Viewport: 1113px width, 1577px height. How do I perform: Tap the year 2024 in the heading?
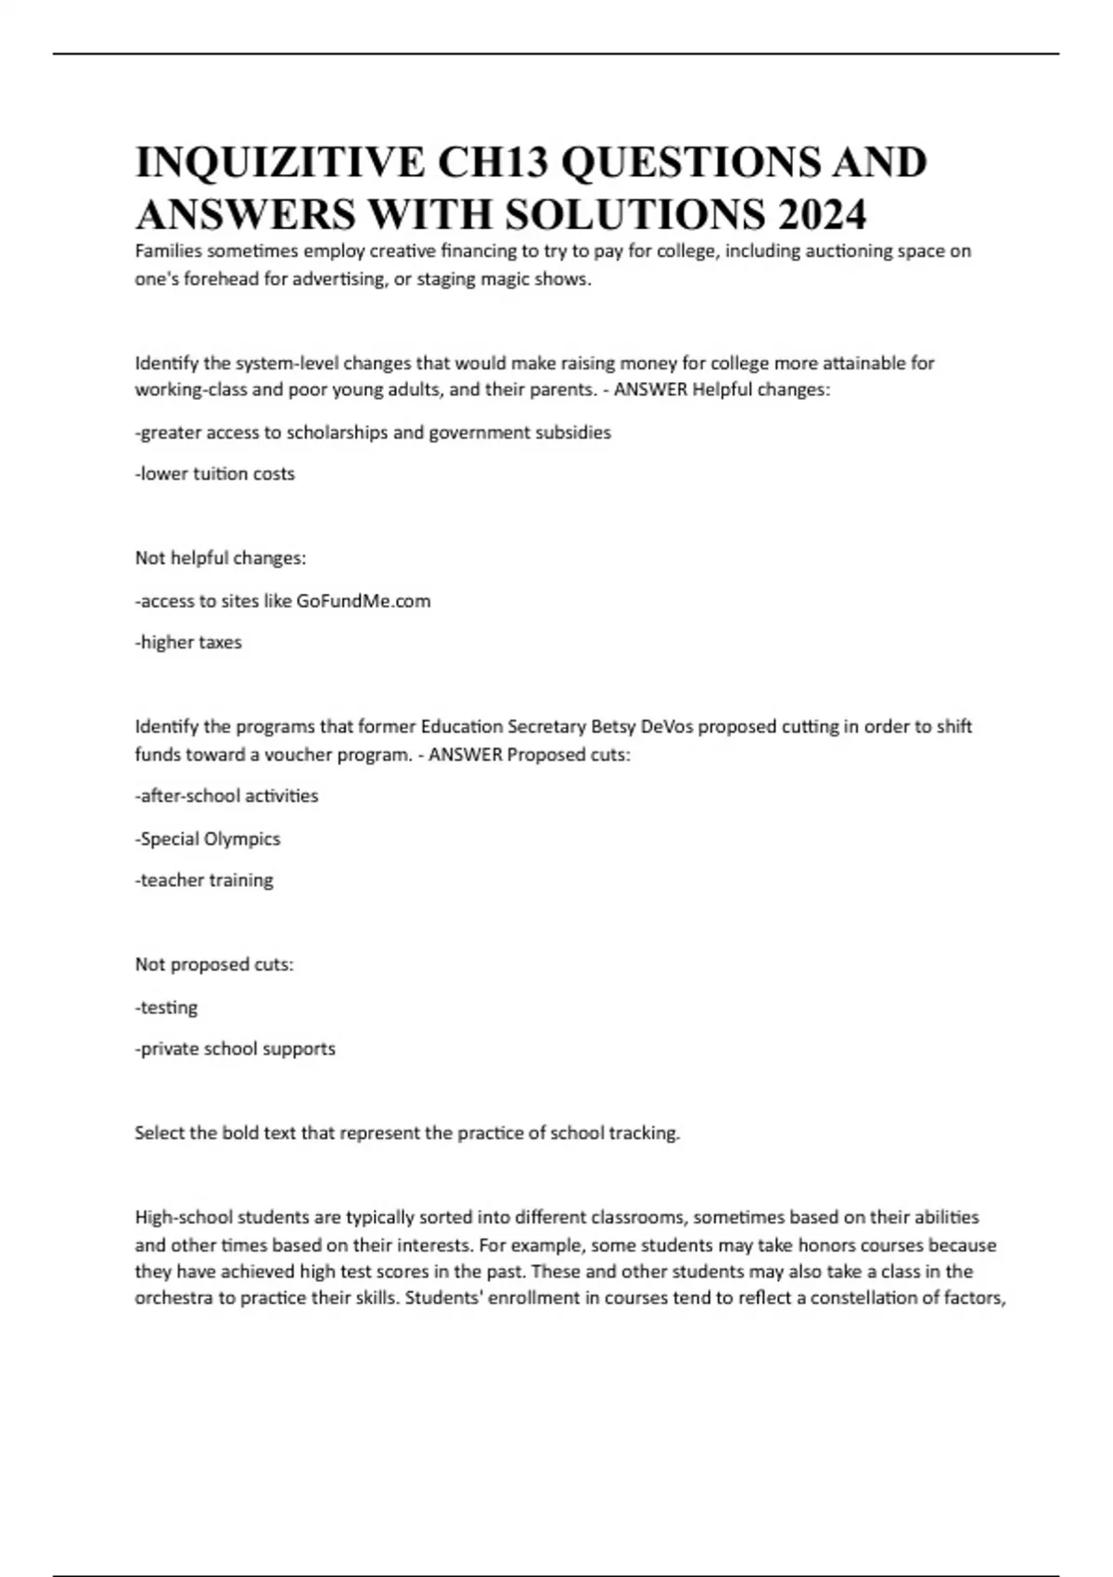(822, 215)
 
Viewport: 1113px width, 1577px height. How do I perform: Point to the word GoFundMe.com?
(364, 601)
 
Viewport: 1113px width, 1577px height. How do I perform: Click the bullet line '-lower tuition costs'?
(215, 474)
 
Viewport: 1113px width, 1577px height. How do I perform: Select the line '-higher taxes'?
(188, 642)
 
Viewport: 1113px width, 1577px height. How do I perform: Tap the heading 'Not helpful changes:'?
(221, 558)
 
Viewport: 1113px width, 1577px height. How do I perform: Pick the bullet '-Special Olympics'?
(208, 839)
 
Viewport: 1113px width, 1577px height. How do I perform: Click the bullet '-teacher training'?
(204, 880)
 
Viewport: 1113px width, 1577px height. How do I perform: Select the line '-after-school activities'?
(226, 796)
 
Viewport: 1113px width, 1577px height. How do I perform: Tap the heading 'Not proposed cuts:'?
(214, 965)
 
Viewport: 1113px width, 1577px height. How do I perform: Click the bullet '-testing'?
(166, 1007)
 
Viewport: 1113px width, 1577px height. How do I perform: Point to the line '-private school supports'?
(236, 1049)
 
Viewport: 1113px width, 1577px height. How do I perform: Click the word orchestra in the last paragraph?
(174, 1298)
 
